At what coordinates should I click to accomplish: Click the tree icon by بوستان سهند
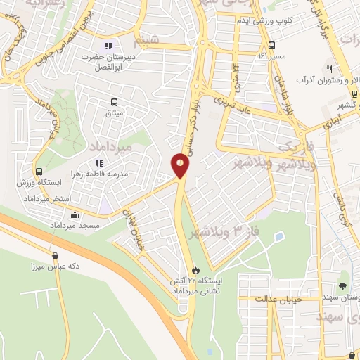(x=342, y=285)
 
